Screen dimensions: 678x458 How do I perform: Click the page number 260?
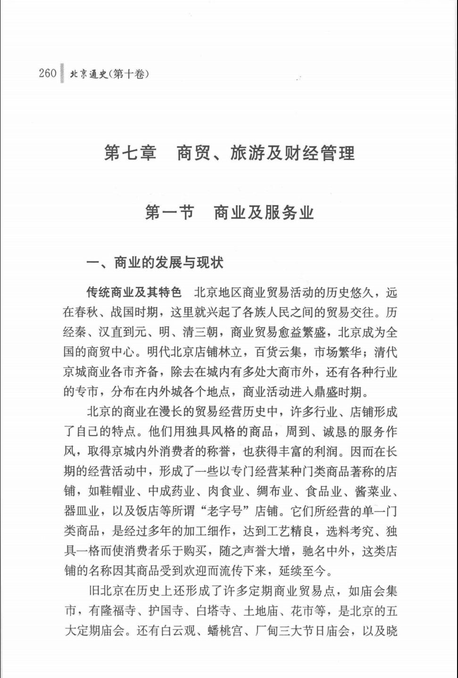click(x=48, y=73)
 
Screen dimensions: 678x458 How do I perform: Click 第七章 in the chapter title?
click(x=130, y=153)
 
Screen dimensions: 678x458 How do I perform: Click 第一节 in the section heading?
click(x=169, y=213)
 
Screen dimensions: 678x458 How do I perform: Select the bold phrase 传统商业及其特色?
click(x=134, y=293)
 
